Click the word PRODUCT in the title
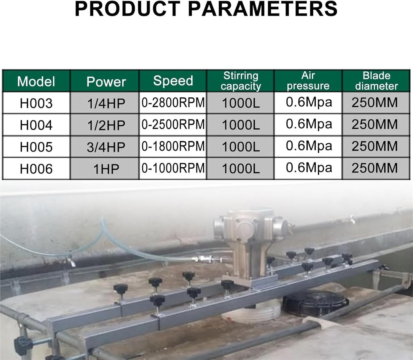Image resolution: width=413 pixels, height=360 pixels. pyautogui.click(x=127, y=9)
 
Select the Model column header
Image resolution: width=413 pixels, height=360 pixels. pyautogui.click(x=36, y=81)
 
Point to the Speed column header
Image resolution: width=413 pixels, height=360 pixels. pyautogui.click(x=173, y=81)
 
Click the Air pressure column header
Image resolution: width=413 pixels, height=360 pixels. pyautogui.click(x=308, y=81)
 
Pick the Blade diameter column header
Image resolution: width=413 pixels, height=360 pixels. pyautogui.click(x=376, y=81)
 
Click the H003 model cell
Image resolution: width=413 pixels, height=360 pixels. pyautogui.click(x=36, y=103)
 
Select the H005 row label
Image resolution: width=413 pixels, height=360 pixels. pyautogui.click(x=36, y=146)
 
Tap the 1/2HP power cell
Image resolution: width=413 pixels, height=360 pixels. pyautogui.click(x=106, y=125)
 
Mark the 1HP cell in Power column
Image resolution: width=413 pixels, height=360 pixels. pyautogui.click(x=106, y=168)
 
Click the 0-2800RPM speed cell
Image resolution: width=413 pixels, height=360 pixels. pyautogui.click(x=173, y=103)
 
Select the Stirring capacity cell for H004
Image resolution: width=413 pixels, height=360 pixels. pyautogui.click(x=241, y=125)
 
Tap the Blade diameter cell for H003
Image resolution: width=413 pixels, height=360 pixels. pyautogui.click(x=375, y=103)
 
